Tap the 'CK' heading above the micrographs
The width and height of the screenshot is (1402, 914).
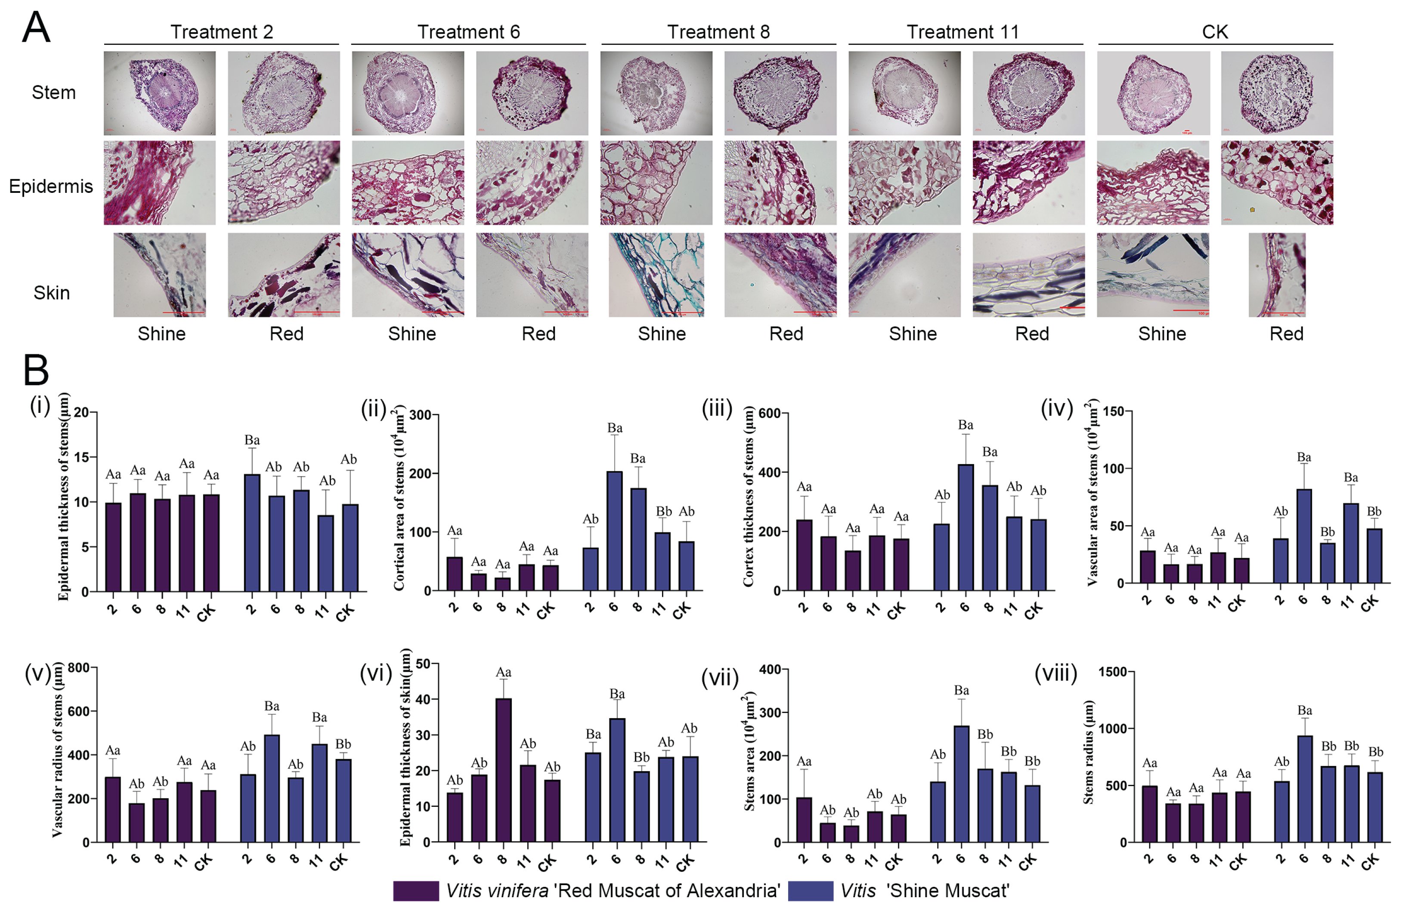(x=1215, y=31)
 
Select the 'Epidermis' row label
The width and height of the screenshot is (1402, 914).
(x=51, y=186)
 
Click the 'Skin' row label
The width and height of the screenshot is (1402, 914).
(x=51, y=292)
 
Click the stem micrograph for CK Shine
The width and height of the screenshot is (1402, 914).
(x=1153, y=93)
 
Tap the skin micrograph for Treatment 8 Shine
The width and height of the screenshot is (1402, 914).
(x=656, y=275)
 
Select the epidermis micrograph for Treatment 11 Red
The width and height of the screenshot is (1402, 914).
(x=1028, y=182)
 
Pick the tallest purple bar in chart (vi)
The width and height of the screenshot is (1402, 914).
(x=503, y=770)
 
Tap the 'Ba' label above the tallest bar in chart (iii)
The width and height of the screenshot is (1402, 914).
(x=966, y=425)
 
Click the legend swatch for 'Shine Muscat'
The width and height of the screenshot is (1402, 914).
(x=811, y=890)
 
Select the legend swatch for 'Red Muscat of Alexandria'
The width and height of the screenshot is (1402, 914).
(x=416, y=890)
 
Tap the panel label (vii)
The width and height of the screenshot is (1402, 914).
(x=719, y=678)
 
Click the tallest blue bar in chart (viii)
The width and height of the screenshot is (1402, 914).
(x=1305, y=788)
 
